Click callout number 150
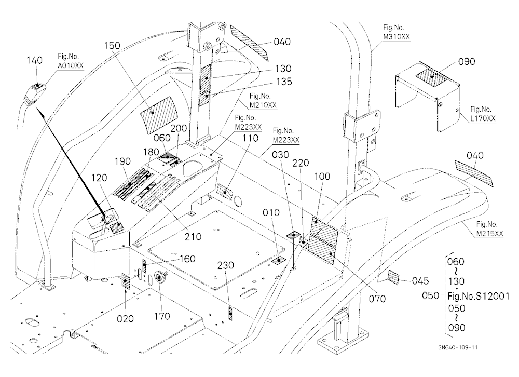[x=112, y=45]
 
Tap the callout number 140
[x=34, y=60]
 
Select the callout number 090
[x=467, y=62]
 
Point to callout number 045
[x=420, y=281]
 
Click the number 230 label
[x=226, y=265]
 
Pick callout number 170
[x=162, y=316]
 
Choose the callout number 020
[x=126, y=319]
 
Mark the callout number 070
[x=377, y=299]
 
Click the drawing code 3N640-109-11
[x=458, y=347]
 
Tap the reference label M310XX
[x=396, y=37]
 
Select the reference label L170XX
[x=483, y=118]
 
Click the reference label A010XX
[x=71, y=65]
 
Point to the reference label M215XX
[x=489, y=234]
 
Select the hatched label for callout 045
[x=394, y=277]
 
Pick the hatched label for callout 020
[x=126, y=281]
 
